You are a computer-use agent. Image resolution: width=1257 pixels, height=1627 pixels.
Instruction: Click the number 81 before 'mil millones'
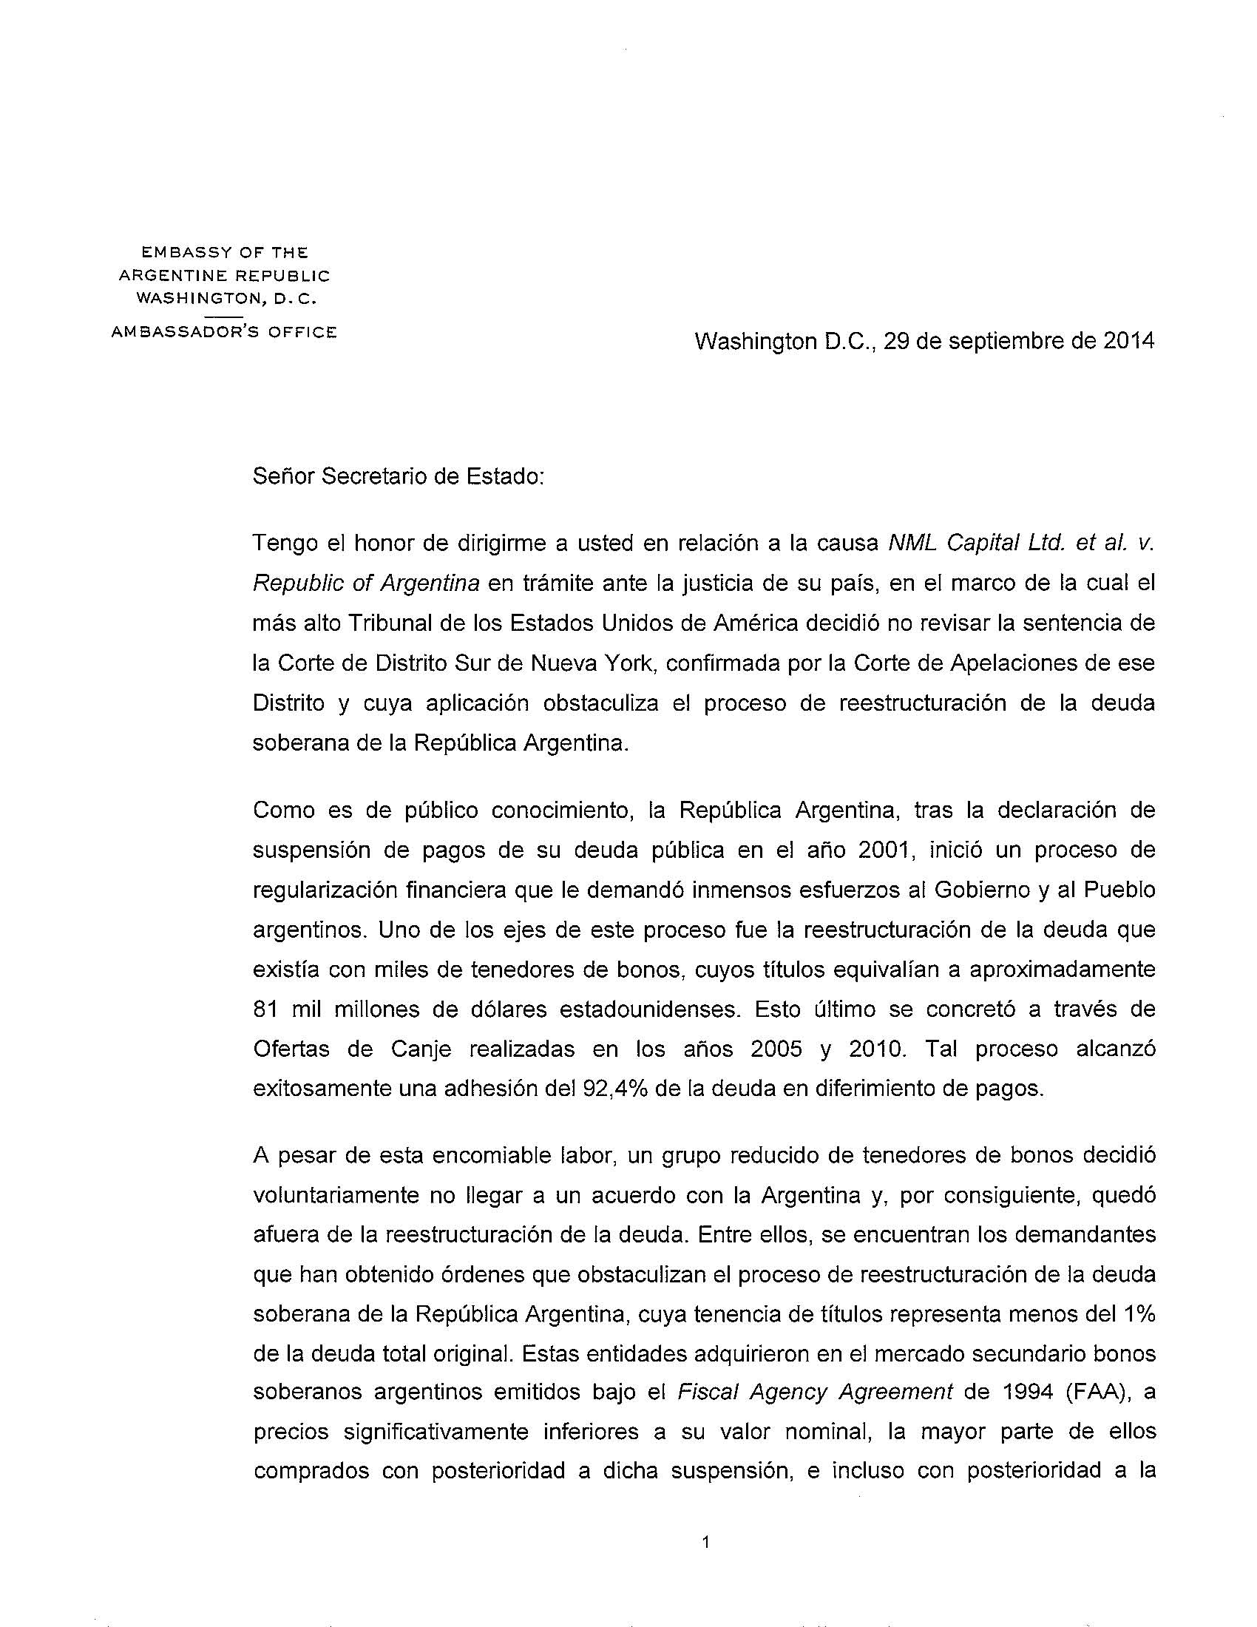[x=265, y=1009]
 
